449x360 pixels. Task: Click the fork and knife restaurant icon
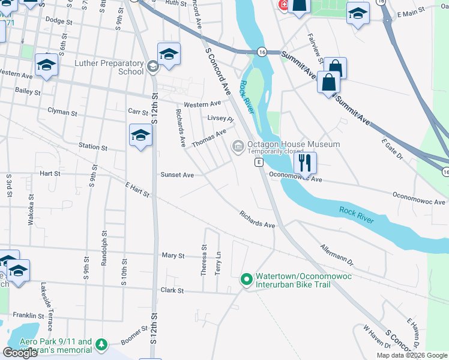pyautogui.click(x=305, y=162)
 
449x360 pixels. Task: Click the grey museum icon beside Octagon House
pyautogui.click(x=238, y=146)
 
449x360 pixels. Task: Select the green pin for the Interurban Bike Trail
pyautogui.click(x=246, y=280)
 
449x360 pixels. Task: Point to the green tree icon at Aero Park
pyautogui.click(x=101, y=345)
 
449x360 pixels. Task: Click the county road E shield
pyautogui.click(x=259, y=163)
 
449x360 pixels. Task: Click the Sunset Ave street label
pyautogui.click(x=176, y=175)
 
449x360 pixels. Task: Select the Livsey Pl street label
pyautogui.click(x=220, y=118)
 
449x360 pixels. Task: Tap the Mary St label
pyautogui.click(x=173, y=256)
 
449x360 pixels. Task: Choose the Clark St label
pyautogui.click(x=172, y=290)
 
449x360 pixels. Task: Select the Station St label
pyautogui.click(x=92, y=147)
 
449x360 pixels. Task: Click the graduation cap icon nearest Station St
pyautogui.click(x=140, y=136)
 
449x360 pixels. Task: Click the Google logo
pyautogui.click(x=20, y=353)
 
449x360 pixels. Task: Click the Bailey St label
pyautogui.click(x=28, y=92)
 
